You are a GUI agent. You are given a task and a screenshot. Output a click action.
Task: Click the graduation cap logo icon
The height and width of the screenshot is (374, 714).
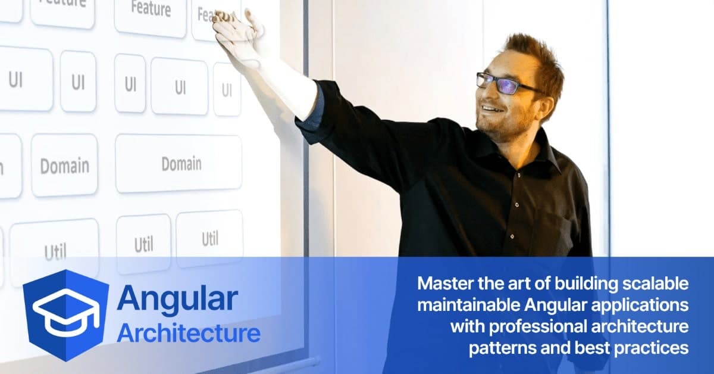65,314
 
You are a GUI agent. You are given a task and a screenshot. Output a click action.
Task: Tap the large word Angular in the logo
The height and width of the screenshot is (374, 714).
177,300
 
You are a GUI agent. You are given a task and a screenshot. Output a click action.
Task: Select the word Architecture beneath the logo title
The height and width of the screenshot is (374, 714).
188,334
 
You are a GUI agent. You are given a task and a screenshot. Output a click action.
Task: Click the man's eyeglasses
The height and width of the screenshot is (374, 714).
504,83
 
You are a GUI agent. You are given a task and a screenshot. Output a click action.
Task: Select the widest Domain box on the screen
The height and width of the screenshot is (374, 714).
178,164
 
